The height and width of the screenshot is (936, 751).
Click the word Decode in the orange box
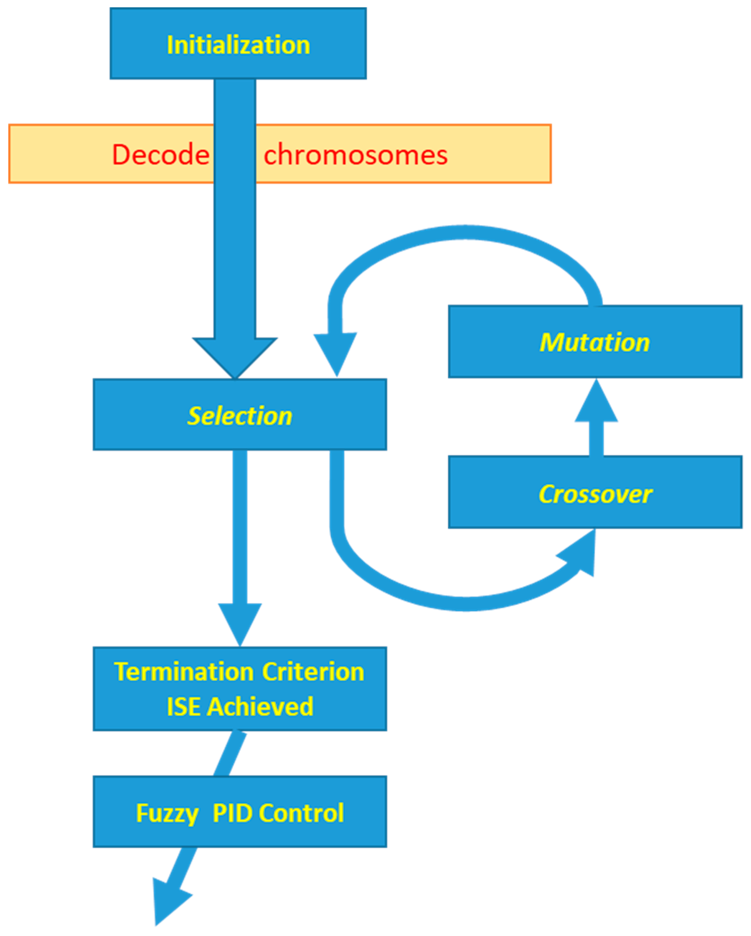pos(161,155)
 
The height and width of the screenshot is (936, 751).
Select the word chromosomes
pos(355,155)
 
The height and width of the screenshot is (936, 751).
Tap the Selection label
pos(240,416)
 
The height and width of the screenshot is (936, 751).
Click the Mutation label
pos(594,342)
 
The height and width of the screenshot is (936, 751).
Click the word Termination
pos(183,672)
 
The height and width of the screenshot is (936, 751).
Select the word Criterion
pos(313,672)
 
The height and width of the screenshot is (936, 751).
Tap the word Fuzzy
pos(167,813)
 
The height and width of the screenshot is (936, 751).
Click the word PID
pos(232,813)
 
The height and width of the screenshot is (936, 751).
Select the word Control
pos(301,813)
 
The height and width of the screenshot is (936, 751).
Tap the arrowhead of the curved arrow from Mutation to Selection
pos(335,352)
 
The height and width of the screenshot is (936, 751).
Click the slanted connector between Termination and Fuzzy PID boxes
pos(230,753)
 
